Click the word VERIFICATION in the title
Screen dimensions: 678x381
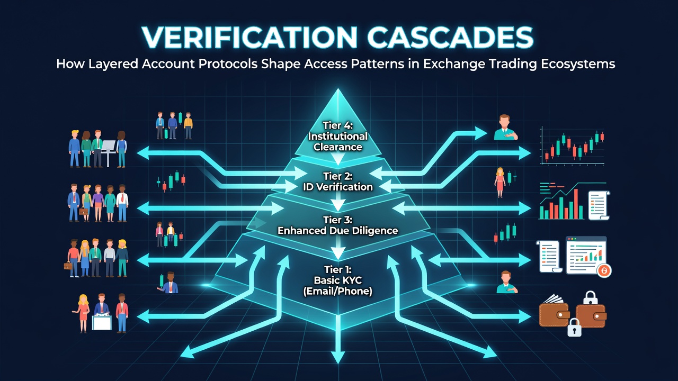(x=249, y=37)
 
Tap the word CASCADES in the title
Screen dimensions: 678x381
(x=450, y=37)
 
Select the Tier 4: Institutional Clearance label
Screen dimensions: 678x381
(x=338, y=136)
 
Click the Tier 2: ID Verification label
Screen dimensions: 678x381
(x=338, y=182)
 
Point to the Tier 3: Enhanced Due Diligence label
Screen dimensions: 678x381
(x=338, y=225)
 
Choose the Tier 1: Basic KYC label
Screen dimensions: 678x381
(x=338, y=280)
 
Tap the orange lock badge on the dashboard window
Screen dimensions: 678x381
(x=604, y=270)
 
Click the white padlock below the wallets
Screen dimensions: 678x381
(x=574, y=327)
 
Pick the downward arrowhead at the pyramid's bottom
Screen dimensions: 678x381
(x=338, y=357)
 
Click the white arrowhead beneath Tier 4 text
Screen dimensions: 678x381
(x=338, y=159)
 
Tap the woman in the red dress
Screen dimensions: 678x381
(x=499, y=183)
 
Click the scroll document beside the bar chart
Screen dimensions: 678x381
(x=599, y=206)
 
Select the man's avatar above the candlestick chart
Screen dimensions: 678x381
(x=504, y=128)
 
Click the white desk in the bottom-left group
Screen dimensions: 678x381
(x=102, y=322)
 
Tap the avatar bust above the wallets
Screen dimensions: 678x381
(x=506, y=282)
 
